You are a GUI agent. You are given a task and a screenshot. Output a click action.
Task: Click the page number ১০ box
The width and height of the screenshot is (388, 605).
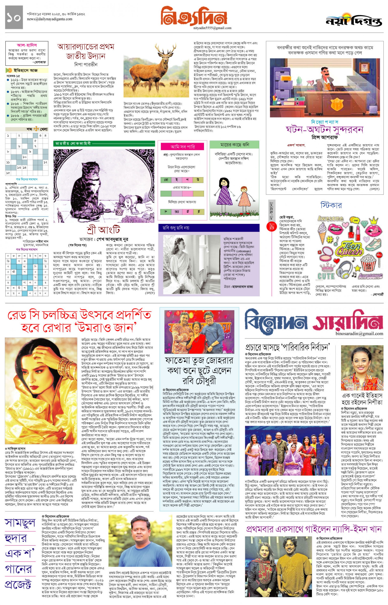click(x=14, y=17)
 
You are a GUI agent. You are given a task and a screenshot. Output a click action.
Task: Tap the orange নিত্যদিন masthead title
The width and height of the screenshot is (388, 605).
click(x=194, y=17)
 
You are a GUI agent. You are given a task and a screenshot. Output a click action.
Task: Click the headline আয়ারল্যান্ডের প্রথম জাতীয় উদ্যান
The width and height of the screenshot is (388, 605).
click(x=86, y=51)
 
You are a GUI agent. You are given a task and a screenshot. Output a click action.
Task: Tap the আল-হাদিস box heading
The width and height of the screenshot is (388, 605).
click(x=27, y=45)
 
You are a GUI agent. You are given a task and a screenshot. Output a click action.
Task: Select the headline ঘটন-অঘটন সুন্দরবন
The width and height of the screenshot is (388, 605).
click(x=325, y=130)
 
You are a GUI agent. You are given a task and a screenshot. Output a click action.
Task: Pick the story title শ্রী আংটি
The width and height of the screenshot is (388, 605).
click(x=103, y=230)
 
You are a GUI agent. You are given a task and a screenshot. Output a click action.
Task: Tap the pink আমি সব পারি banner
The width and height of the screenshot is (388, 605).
click(x=183, y=147)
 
